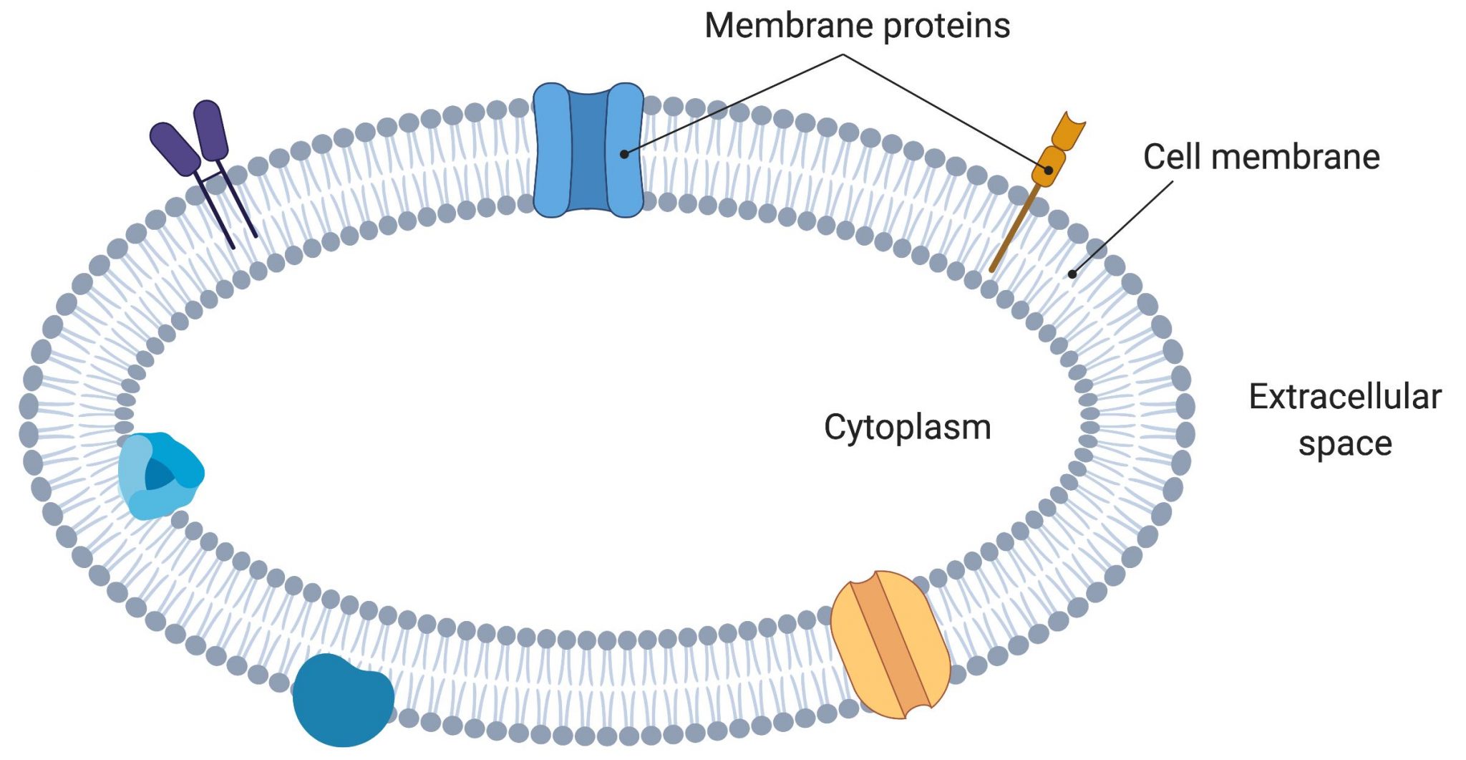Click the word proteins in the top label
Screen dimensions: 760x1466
pos(946,26)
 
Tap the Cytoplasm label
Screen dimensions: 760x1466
pos(907,428)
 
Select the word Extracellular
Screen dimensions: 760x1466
pos(1344,396)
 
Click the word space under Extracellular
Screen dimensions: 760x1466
pos(1344,443)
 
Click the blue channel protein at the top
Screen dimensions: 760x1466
pos(552,150)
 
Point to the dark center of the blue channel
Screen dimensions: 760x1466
pos(588,150)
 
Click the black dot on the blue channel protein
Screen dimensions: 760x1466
pos(624,154)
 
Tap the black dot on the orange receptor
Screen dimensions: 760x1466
pos(1048,170)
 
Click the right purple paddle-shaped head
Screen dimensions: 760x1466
pos(210,130)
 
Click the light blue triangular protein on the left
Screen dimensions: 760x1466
pos(159,475)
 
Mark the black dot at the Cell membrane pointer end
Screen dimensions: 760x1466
pos(1072,274)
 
